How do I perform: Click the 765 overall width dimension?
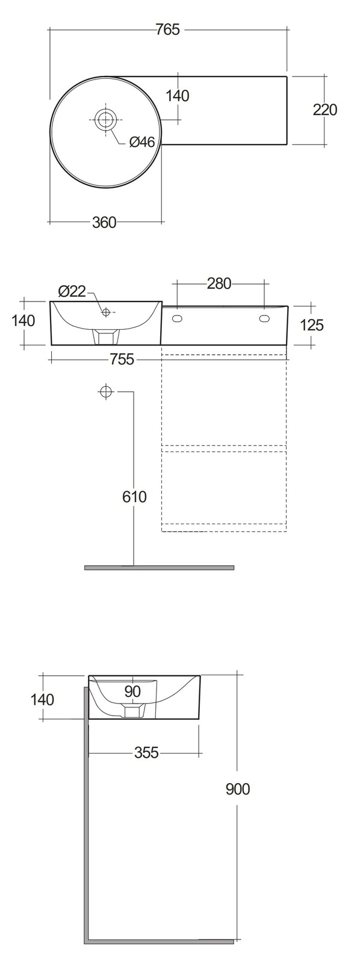click(x=168, y=29)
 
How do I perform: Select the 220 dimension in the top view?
click(x=324, y=110)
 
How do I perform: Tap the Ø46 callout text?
click(x=141, y=142)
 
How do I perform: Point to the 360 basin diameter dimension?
click(x=105, y=222)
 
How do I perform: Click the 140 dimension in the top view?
click(x=177, y=96)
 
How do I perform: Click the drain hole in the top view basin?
click(x=105, y=119)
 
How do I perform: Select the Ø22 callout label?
click(x=72, y=291)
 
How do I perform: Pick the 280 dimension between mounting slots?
click(x=219, y=283)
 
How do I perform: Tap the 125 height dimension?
click(x=311, y=324)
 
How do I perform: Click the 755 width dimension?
click(x=122, y=359)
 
